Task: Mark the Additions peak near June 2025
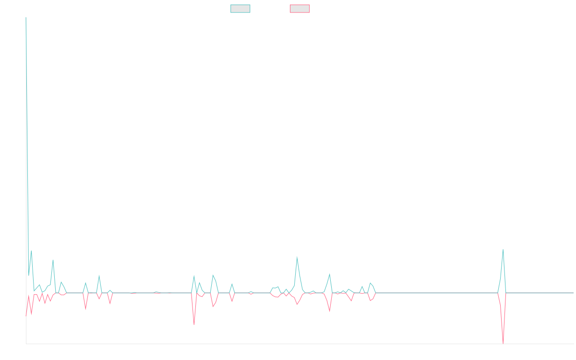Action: (x=503, y=249)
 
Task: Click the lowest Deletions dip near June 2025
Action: (x=503, y=343)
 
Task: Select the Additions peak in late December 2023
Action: (x=297, y=257)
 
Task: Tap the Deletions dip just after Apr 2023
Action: (x=194, y=324)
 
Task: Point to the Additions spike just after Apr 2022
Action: (x=53, y=260)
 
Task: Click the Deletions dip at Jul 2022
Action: (x=85, y=310)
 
